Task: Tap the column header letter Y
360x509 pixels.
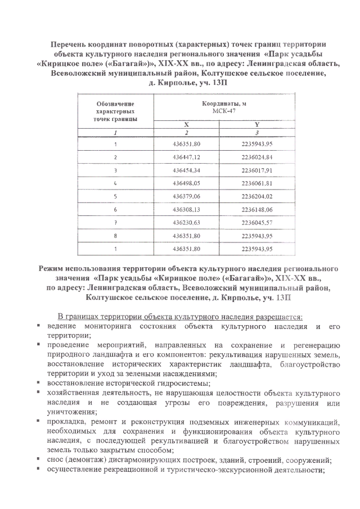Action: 256,123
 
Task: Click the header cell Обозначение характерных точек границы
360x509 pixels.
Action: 115,111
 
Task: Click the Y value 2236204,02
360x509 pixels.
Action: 256,196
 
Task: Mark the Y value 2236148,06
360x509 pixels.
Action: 256,209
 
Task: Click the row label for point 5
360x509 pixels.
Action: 115,196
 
